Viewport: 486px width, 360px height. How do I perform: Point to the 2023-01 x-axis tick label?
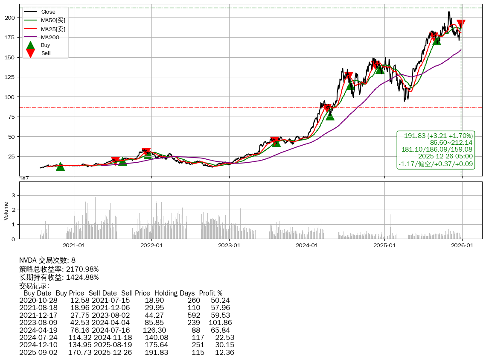(x=229, y=246)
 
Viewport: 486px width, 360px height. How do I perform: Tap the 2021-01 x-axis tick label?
(x=74, y=246)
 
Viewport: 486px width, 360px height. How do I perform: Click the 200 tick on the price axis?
(x=10, y=18)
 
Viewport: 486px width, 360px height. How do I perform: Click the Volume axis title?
(x=6, y=211)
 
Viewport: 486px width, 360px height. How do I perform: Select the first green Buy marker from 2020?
(x=60, y=167)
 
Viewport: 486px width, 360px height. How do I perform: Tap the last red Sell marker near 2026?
(x=461, y=24)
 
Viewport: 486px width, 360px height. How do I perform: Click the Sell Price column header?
(x=135, y=293)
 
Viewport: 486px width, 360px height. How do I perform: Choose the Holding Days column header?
(x=175, y=293)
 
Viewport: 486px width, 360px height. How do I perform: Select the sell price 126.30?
(x=156, y=330)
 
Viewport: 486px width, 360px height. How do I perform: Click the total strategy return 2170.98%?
(x=81, y=269)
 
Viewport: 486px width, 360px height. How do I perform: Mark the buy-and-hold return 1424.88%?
(x=81, y=277)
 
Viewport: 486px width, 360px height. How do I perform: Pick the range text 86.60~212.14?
(x=451, y=143)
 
